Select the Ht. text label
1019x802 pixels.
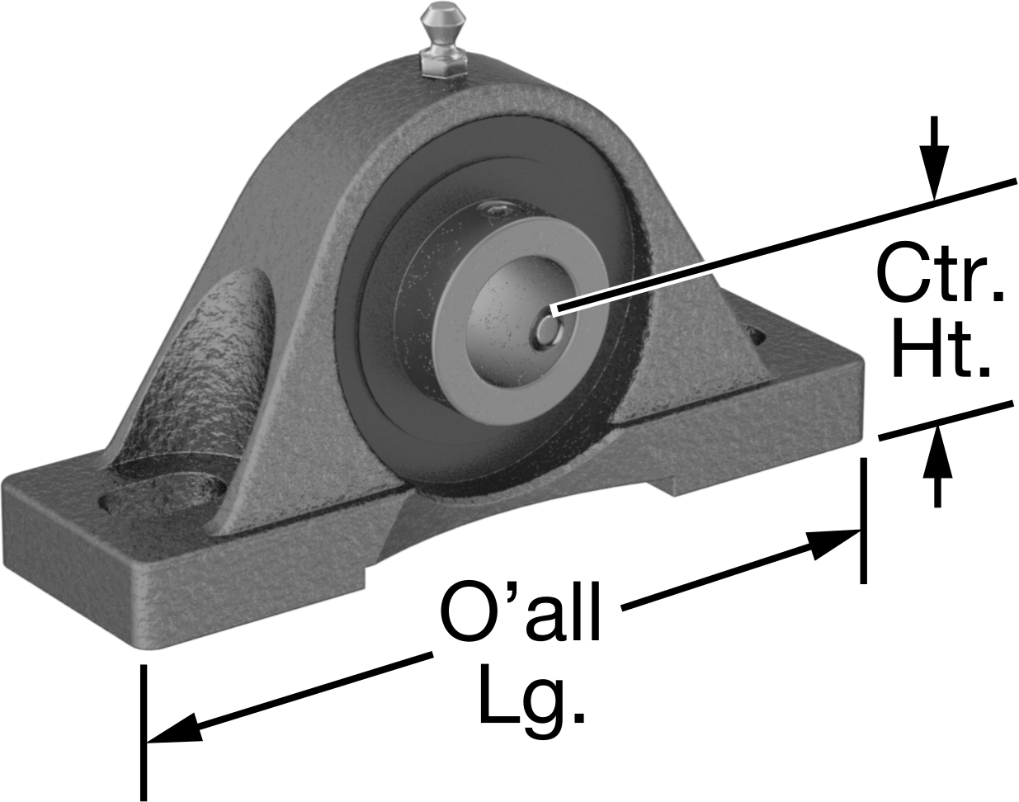coord(941,347)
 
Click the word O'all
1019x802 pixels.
coord(521,611)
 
